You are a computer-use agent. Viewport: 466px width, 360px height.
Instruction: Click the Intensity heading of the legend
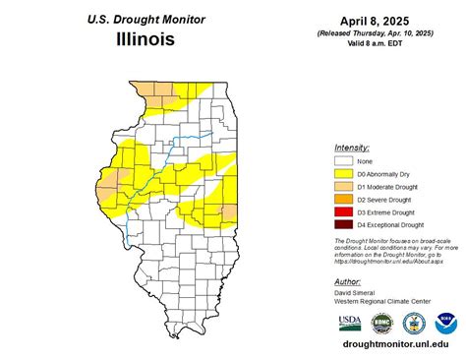352,147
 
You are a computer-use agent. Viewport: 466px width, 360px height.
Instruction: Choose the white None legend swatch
342,160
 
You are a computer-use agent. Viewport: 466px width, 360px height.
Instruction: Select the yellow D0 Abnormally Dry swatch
342,173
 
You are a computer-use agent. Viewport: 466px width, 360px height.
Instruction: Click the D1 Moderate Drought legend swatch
342,186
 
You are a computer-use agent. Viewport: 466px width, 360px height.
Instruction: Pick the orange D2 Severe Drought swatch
342,199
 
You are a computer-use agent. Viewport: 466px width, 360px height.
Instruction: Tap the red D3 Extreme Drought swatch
342,211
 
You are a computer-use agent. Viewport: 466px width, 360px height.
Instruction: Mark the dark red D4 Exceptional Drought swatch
342,224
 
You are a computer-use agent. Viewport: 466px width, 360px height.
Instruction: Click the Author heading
348,280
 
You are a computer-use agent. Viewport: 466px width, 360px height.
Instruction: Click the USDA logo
349,324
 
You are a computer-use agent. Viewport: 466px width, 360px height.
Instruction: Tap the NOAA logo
447,324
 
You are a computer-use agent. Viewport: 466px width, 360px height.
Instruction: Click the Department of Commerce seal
414,324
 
